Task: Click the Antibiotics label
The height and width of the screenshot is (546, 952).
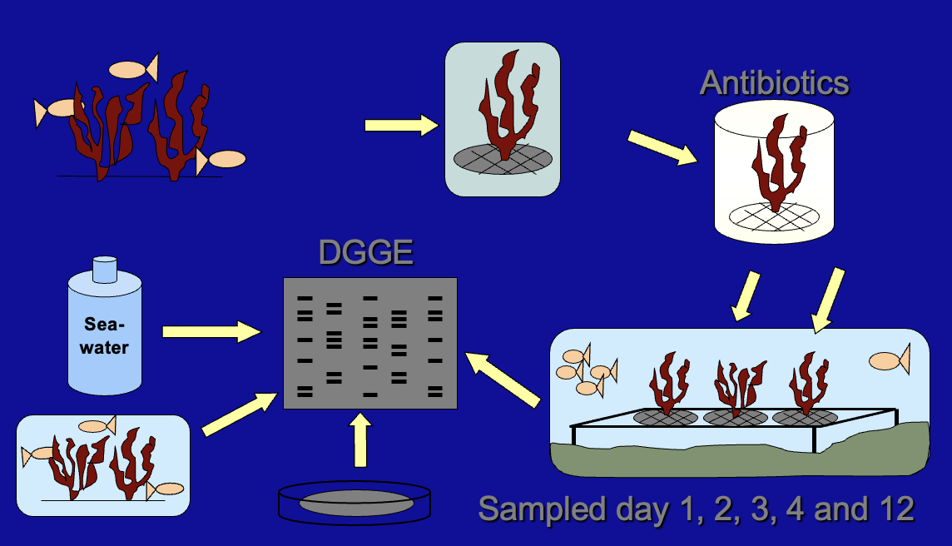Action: point(774,82)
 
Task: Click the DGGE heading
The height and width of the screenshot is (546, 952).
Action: point(366,251)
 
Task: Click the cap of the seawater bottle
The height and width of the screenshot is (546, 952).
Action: point(105,269)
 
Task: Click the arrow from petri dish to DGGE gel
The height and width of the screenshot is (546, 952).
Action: point(360,442)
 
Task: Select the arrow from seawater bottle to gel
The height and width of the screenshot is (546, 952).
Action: point(211,332)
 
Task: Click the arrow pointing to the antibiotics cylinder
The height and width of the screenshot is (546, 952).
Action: point(662,147)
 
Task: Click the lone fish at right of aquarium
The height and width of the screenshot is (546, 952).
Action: point(889,360)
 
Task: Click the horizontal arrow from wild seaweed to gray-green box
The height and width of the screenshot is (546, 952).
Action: point(401,126)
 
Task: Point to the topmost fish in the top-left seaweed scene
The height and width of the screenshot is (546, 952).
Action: point(133,69)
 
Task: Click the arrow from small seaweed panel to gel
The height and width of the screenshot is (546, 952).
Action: point(240,414)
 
